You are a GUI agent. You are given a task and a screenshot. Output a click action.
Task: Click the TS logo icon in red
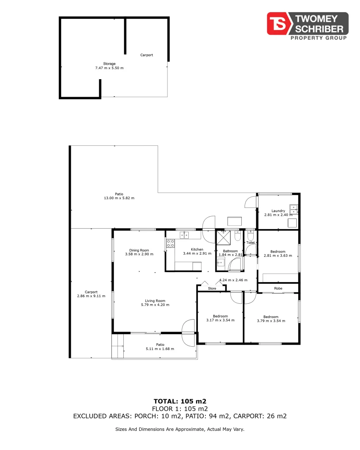point(279,23)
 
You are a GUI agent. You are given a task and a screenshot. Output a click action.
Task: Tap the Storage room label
point(110,64)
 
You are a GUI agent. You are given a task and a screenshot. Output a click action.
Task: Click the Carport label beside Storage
point(146,55)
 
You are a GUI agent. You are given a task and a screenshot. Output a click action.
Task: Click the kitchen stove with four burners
point(170,243)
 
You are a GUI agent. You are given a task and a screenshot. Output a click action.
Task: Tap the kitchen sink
point(184,235)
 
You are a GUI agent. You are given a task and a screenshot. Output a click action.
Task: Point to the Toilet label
point(250,242)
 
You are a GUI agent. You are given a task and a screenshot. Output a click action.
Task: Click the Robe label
point(278,288)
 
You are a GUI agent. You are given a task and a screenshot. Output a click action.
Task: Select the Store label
point(212,288)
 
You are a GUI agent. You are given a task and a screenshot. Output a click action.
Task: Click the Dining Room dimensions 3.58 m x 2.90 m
point(139,254)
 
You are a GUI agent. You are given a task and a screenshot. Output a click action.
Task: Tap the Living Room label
point(155,300)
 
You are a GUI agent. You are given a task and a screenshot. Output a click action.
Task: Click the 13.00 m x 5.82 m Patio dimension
point(119,198)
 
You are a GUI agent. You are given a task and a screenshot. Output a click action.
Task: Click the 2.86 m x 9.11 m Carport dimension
point(91,296)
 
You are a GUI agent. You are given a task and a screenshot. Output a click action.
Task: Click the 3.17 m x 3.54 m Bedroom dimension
point(220,320)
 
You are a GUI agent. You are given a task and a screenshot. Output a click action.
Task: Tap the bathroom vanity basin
point(220,262)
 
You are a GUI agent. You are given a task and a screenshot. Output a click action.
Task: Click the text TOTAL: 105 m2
point(180,401)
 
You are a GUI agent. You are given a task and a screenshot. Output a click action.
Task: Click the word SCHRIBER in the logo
point(319,29)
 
